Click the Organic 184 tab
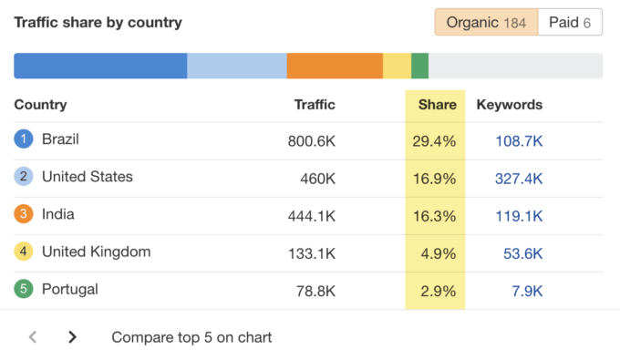pos(486,23)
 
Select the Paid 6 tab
pos(571,23)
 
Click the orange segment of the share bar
pos(335,66)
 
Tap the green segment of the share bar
pos(419,66)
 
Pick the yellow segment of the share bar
pos(397,66)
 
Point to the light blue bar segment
pos(237,66)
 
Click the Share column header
pos(437,105)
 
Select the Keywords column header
pos(509,105)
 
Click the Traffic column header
pos(315,105)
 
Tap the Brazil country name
pos(60,139)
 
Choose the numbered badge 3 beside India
pos(24,215)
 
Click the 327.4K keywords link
pos(519,178)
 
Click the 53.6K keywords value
pos(523,253)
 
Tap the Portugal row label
pos(69,290)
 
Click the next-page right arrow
pos(72,337)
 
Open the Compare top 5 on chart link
pos(191,337)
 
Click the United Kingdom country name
pos(96,252)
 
